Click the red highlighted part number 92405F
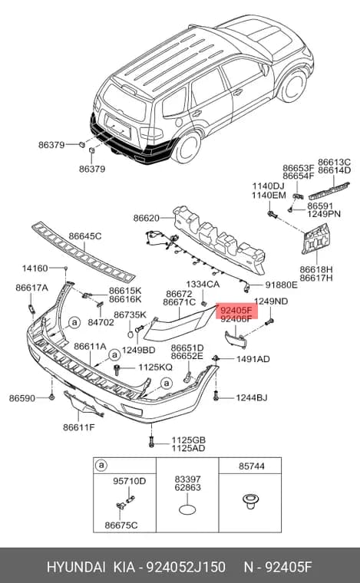pos(236,310)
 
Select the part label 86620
pos(146,218)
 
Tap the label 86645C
pos(84,236)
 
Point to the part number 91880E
pos(281,285)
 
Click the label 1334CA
pos(203,285)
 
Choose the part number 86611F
pos(79,427)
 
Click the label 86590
pos(22,398)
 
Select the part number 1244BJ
pos(252,398)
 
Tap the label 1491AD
pos(253,359)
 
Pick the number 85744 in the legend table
pos(252,466)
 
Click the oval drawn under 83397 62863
pos(187,509)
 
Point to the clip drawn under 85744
pos(251,501)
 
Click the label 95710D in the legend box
pos(130,481)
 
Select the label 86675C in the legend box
pos(121,525)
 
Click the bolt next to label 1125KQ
pos(117,370)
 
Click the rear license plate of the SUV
pos(118,126)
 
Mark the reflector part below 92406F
pos(236,340)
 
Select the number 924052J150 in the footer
pos(186,567)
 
